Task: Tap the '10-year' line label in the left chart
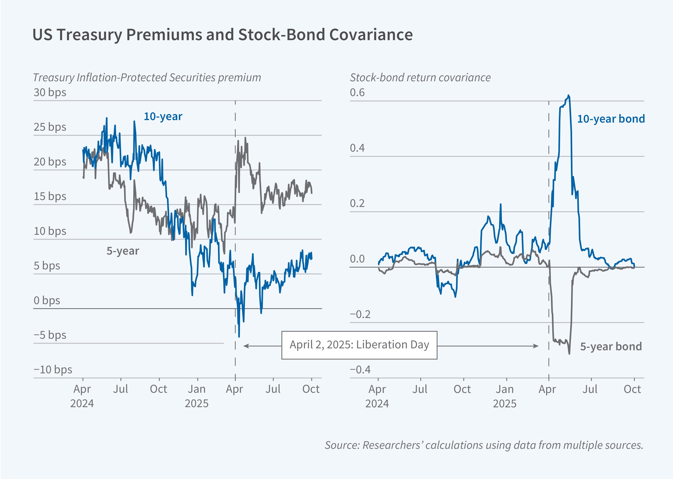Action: pos(163,116)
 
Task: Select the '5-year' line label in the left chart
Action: pos(123,251)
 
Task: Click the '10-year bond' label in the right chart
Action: pos(611,119)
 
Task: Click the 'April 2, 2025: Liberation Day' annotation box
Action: pos(359,345)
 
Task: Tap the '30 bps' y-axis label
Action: pos(50,92)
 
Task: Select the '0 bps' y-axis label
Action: pos(47,300)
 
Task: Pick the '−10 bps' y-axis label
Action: pos(53,369)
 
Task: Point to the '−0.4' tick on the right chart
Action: pos(360,369)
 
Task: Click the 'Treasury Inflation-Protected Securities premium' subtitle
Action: pos(147,78)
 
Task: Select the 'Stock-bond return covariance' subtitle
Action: pos(420,78)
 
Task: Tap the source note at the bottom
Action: pos(484,445)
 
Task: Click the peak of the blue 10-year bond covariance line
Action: pos(569,95)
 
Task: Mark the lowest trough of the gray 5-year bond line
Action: pos(569,353)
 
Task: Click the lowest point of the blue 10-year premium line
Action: pos(239,336)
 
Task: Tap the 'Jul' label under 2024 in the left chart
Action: pos(121,389)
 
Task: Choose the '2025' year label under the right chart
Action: pos(505,403)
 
